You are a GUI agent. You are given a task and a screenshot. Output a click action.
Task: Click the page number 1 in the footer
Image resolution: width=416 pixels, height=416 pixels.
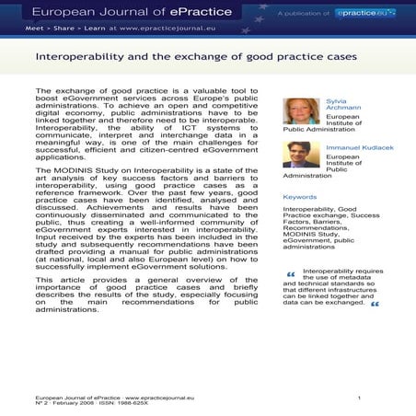tap(359, 398)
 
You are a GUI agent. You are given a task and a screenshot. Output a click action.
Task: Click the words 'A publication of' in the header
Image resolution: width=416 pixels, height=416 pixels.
tap(305, 13)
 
